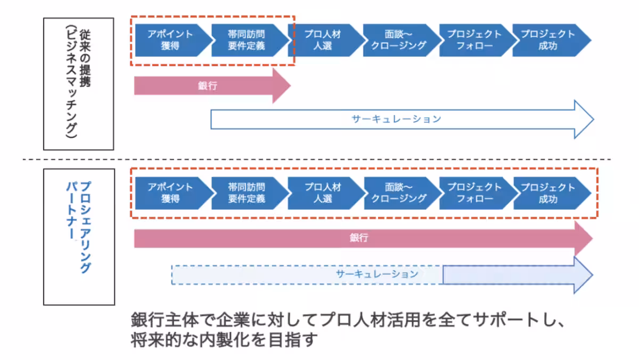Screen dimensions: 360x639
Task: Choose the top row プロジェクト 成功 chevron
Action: point(548,40)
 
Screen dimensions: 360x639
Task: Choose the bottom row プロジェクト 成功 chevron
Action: point(548,193)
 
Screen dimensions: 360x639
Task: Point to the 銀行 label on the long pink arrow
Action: point(359,238)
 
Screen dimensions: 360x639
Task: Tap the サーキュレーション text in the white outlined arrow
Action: point(396,119)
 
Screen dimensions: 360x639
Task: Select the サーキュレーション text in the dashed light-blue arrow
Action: point(377,274)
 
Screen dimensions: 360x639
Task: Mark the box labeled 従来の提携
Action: point(78,84)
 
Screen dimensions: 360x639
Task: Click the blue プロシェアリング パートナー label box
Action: point(78,236)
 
